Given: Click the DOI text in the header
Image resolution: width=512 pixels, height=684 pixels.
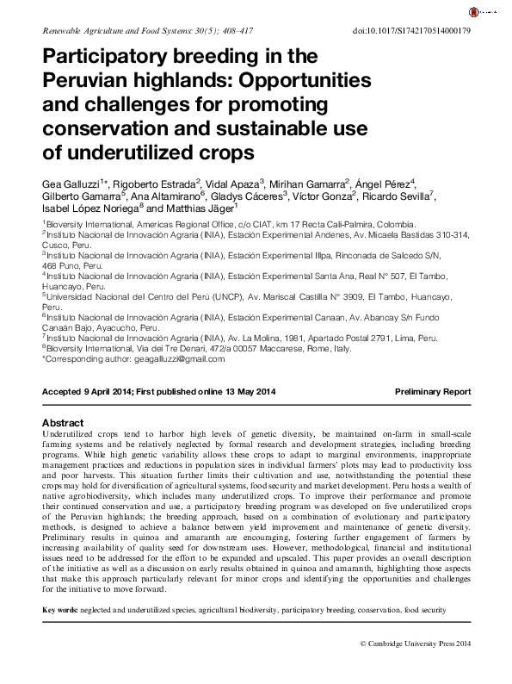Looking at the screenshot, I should click(x=412, y=31).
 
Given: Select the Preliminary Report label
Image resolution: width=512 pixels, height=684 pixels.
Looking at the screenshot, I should click(x=433, y=391).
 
